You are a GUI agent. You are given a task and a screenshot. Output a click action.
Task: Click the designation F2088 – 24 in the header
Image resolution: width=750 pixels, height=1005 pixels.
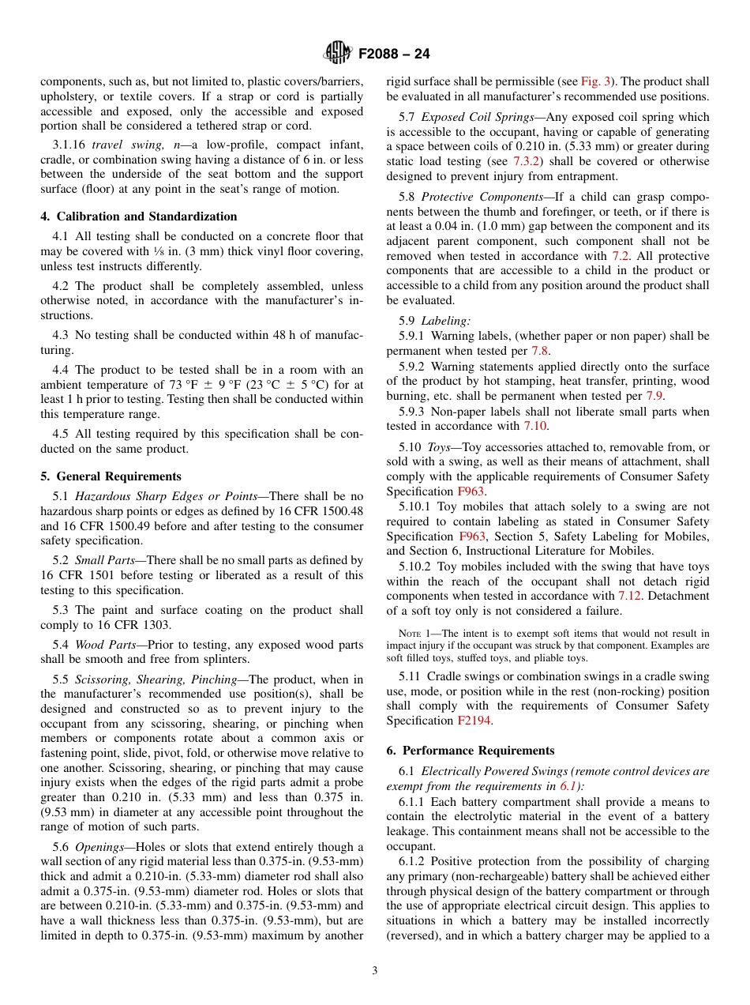tap(394, 55)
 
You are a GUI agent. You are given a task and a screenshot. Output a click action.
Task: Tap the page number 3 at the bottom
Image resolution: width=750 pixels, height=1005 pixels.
tap(375, 971)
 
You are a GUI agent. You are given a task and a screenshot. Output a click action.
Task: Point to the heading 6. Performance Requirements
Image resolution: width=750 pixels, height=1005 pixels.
tap(470, 751)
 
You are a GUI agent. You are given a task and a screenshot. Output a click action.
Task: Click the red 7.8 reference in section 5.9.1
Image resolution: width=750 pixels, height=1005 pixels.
tap(540, 351)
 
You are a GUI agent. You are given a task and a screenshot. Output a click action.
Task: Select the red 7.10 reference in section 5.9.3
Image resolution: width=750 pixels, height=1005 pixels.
tap(534, 427)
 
